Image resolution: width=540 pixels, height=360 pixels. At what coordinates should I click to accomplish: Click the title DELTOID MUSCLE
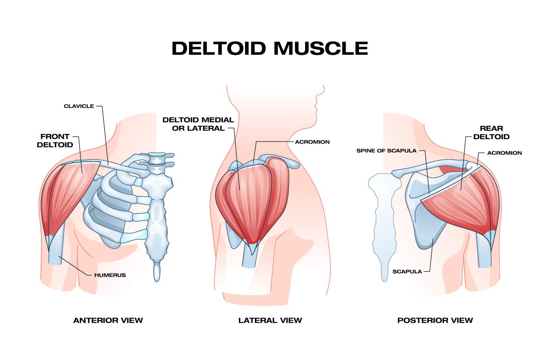pos(270,48)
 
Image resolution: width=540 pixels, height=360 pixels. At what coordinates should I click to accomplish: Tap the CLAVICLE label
pos(79,106)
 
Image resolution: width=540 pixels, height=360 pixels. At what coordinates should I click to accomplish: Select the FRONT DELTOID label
pos(55,140)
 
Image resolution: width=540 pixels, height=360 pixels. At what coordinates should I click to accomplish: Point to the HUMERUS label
pos(110,275)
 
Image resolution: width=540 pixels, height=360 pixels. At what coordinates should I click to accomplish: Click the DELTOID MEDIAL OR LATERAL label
pos(198,124)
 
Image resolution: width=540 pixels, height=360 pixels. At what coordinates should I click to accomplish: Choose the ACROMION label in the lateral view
pos(312,142)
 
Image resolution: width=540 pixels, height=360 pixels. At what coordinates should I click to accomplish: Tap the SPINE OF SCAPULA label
pos(387,151)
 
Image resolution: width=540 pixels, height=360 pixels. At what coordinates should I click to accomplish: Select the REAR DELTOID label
pos(491,132)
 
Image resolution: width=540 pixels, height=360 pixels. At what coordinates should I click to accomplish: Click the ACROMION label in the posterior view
pos(505,153)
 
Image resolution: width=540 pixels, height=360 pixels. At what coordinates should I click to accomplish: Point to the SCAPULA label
pos(407,271)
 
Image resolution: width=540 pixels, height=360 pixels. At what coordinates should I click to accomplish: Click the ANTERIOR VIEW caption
pos(108,320)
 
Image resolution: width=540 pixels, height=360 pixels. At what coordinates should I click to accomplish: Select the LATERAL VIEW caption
pos(270,320)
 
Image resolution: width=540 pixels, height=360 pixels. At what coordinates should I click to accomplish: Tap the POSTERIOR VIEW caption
pos(435,320)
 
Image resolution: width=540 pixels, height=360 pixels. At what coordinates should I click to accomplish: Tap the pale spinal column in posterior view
pos(383,224)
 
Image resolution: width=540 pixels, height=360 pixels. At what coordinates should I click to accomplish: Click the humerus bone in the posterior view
pos(485,251)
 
